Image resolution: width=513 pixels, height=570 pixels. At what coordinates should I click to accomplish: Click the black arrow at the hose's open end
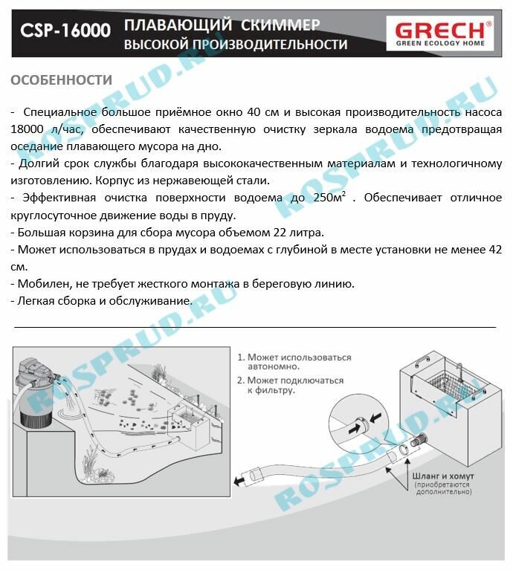point(240,482)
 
